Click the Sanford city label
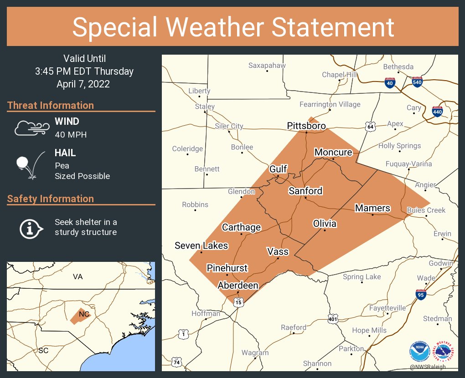tap(305, 191)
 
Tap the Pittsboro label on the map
tap(306, 126)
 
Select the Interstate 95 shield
tap(421, 294)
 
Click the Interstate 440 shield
tap(437, 111)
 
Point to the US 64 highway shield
tap(369, 125)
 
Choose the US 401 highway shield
tap(333, 319)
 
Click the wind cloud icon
tap(31, 128)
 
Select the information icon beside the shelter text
tap(31, 228)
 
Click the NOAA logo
tap(419, 351)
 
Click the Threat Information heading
tap(51, 105)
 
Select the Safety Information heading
tap(51, 199)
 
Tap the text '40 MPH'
tap(71, 134)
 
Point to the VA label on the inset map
tap(78, 276)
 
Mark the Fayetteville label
tap(387, 308)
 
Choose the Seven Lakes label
tap(201, 245)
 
